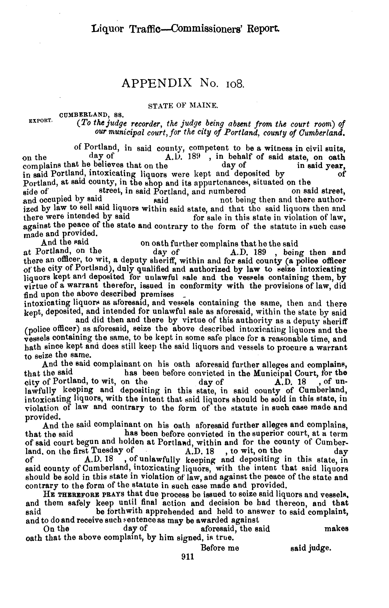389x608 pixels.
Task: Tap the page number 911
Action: point(187,557)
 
